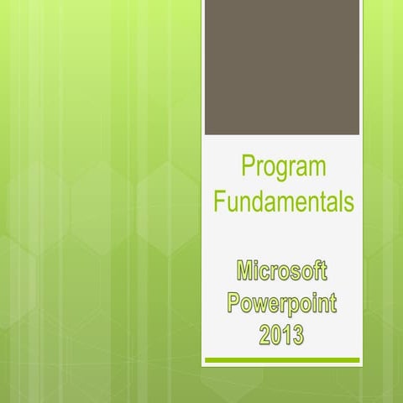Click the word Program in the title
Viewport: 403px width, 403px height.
283,167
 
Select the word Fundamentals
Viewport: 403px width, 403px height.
283,202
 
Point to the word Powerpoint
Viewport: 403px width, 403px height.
282,303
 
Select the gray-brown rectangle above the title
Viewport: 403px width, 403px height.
282,67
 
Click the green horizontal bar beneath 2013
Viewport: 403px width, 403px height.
282,360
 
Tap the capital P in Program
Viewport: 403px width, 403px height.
248,167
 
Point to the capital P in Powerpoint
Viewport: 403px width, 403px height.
234,303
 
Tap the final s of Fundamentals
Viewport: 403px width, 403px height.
348,204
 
